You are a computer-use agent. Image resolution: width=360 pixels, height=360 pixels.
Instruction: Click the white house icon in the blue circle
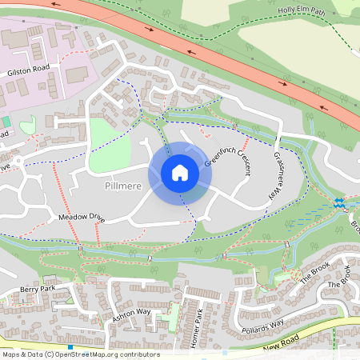point(180,172)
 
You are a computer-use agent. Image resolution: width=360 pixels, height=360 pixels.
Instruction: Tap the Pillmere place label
point(123,186)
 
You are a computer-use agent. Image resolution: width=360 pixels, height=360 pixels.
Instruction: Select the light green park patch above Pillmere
point(109,145)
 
